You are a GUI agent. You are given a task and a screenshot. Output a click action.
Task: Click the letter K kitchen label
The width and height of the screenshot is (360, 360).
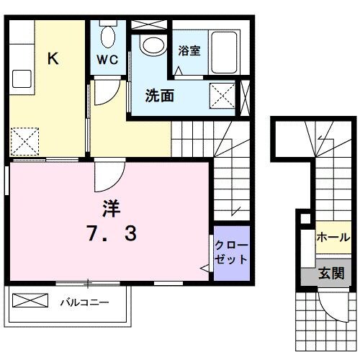(53, 58)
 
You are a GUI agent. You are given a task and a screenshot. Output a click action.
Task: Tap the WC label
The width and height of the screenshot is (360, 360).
(107, 59)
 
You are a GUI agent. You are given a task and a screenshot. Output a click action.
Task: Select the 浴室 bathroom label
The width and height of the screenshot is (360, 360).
(189, 50)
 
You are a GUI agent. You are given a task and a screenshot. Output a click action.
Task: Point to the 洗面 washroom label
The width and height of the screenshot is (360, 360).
(160, 96)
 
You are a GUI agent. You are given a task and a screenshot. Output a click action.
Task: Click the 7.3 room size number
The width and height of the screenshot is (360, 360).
(112, 233)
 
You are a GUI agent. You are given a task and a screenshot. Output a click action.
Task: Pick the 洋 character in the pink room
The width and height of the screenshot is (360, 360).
(112, 208)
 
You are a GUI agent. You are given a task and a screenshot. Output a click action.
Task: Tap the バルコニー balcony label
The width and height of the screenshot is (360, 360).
(84, 302)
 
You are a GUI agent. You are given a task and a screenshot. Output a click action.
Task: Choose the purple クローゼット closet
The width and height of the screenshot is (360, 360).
(232, 253)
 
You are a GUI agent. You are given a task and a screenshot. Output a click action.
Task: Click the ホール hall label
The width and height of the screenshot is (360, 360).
(333, 238)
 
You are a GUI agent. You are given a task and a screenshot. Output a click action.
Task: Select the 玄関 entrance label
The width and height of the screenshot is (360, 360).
(331, 273)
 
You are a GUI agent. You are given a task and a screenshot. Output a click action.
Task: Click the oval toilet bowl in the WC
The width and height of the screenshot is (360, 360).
(108, 37)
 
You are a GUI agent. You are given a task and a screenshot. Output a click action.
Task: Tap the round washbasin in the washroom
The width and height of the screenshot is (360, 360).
(153, 45)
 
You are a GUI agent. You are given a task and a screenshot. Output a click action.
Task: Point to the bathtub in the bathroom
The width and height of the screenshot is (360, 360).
(225, 52)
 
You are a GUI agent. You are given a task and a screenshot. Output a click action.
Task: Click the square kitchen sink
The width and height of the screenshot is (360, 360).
(22, 79)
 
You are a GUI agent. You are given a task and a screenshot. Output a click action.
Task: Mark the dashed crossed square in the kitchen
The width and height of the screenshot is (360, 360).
(24, 141)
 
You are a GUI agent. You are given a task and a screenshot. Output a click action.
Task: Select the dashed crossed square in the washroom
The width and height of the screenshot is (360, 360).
(222, 96)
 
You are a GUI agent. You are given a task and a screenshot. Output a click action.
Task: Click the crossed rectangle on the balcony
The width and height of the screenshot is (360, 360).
(30, 300)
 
